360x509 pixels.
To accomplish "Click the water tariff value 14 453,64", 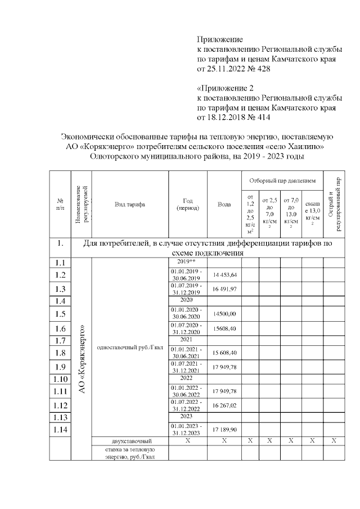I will click(x=224, y=275).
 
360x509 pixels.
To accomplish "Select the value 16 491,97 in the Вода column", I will click(x=224, y=289).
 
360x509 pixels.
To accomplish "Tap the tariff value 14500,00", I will click(x=224, y=314).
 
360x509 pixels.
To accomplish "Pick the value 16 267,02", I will click(x=224, y=405).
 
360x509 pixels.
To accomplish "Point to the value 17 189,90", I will click(x=224, y=430).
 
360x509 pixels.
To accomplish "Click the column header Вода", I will click(x=224, y=204).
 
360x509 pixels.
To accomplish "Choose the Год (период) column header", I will click(x=188, y=204).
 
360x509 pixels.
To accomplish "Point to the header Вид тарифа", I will click(x=129, y=204).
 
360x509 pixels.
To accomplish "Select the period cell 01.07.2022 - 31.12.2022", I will click(x=188, y=405).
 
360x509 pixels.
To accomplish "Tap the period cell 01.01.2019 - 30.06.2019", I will click(x=188, y=275).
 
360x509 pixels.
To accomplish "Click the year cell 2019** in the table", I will click(x=188, y=262).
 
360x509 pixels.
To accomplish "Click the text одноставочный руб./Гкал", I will click(x=129, y=347).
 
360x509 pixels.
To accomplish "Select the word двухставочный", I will click(x=129, y=441).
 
